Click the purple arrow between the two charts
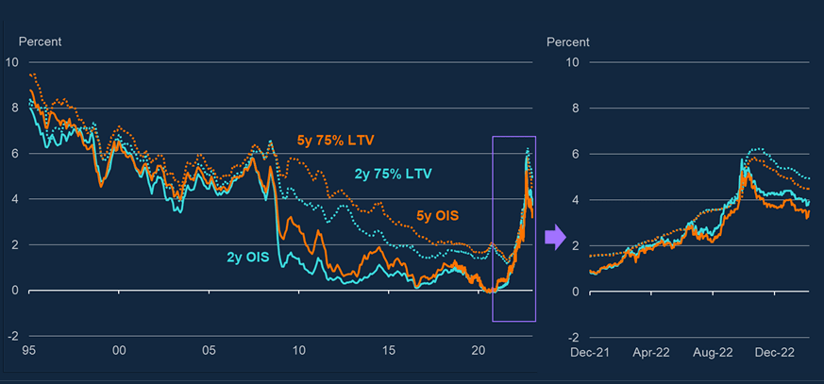(556, 238)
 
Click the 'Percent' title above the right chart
(568, 42)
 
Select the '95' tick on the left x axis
(28, 350)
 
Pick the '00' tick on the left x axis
(119, 350)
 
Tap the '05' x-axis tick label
(210, 350)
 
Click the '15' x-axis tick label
(389, 350)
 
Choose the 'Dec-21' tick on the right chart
(589, 352)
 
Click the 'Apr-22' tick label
(651, 352)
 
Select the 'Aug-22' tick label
(714, 352)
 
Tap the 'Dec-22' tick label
(775, 352)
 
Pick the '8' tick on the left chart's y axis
(12, 108)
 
